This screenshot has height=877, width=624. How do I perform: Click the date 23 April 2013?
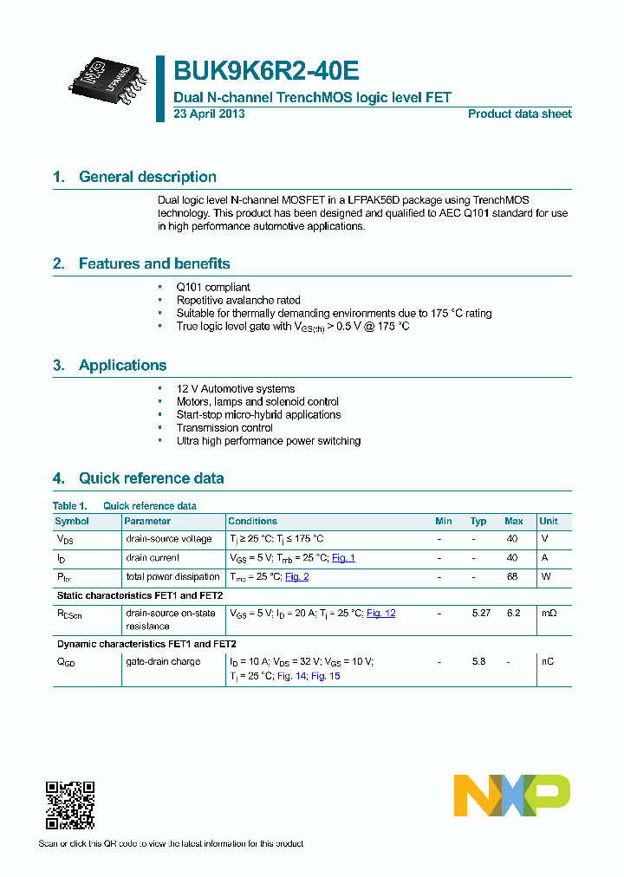click(x=209, y=114)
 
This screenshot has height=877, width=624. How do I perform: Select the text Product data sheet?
click(x=519, y=114)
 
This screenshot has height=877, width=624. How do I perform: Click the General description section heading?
click(x=147, y=177)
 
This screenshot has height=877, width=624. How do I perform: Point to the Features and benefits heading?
click(x=154, y=263)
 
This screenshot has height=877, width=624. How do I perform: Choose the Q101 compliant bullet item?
click(x=213, y=287)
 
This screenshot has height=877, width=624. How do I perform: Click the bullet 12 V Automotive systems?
click(x=236, y=389)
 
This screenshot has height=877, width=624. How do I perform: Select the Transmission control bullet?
click(x=224, y=428)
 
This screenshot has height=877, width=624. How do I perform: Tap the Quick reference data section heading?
click(x=151, y=478)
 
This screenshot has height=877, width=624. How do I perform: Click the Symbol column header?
click(x=72, y=522)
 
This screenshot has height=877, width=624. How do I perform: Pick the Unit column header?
click(x=549, y=522)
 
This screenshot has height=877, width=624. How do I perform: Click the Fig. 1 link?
click(x=343, y=558)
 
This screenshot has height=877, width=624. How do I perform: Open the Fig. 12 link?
click(x=380, y=614)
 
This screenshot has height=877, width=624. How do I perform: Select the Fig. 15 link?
click(x=326, y=676)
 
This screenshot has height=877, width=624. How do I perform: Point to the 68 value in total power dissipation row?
click(x=512, y=577)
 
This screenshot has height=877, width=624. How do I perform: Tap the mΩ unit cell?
click(x=548, y=614)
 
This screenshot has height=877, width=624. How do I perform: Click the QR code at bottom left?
click(x=69, y=806)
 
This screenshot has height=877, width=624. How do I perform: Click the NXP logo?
click(x=512, y=795)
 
